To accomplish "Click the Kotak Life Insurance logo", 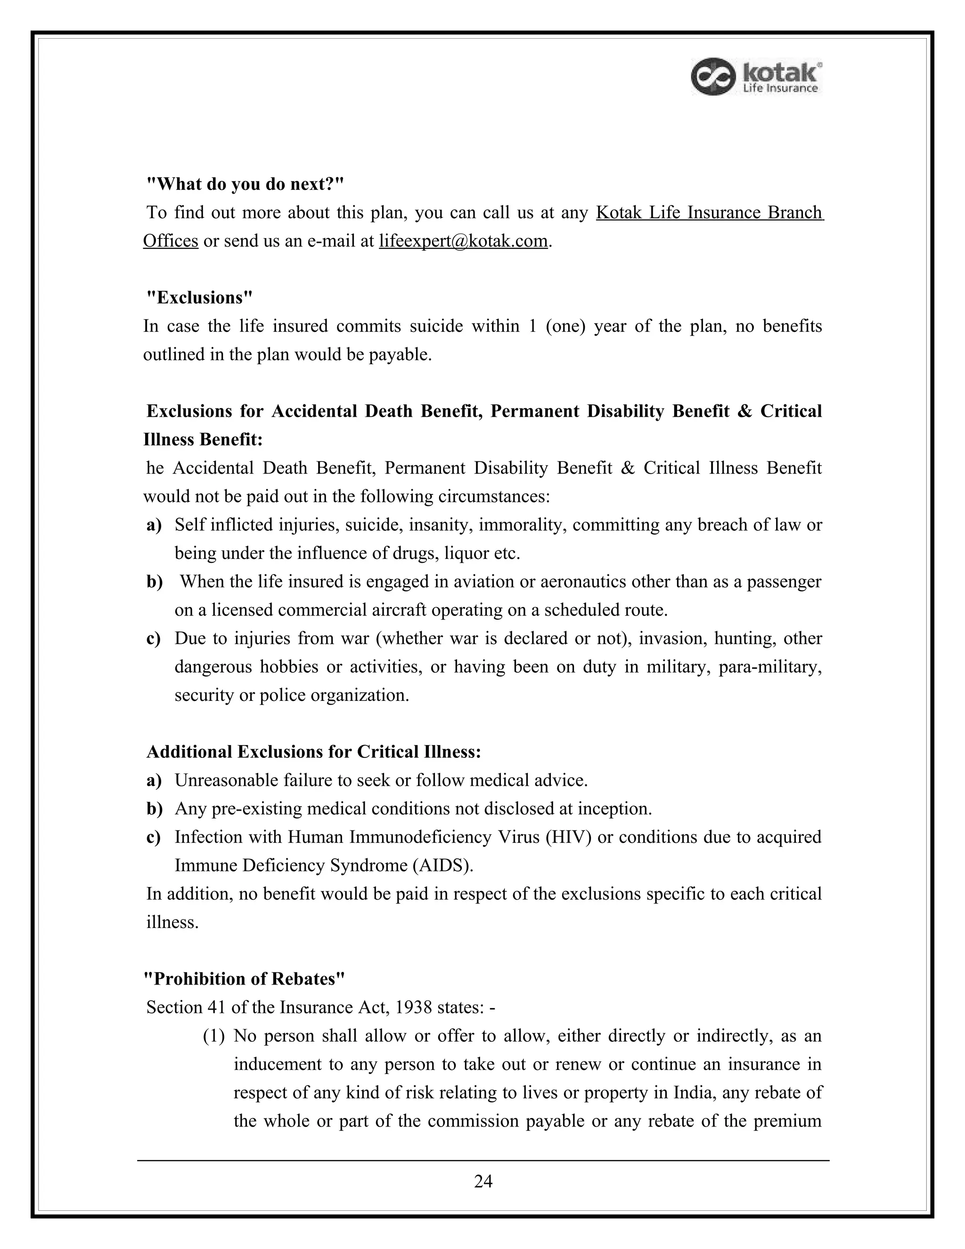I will (x=756, y=77).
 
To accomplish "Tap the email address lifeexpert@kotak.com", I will (x=463, y=241).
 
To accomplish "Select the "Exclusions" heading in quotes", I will (x=199, y=297).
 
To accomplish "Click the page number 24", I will (x=483, y=1182).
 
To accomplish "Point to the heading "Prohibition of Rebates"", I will (x=244, y=978).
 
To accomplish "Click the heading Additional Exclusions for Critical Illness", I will (x=314, y=751).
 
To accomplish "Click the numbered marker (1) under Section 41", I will (x=214, y=1035).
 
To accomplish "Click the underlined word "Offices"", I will (x=171, y=241).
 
